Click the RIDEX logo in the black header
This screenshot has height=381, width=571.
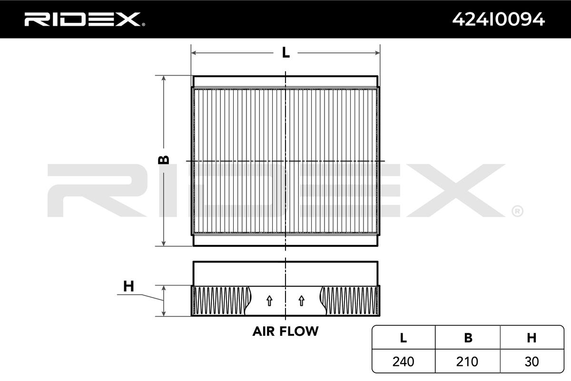(85, 20)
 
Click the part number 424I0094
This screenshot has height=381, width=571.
(499, 20)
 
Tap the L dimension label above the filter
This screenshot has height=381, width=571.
(286, 53)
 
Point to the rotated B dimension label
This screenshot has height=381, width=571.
(164, 160)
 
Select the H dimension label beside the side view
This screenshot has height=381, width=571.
(128, 286)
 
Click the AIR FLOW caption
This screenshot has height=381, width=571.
(285, 331)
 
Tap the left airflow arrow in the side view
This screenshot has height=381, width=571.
(269, 301)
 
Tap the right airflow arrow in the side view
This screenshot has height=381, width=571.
(302, 301)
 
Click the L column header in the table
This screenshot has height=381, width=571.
(404, 338)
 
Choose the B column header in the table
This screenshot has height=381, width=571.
(468, 338)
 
